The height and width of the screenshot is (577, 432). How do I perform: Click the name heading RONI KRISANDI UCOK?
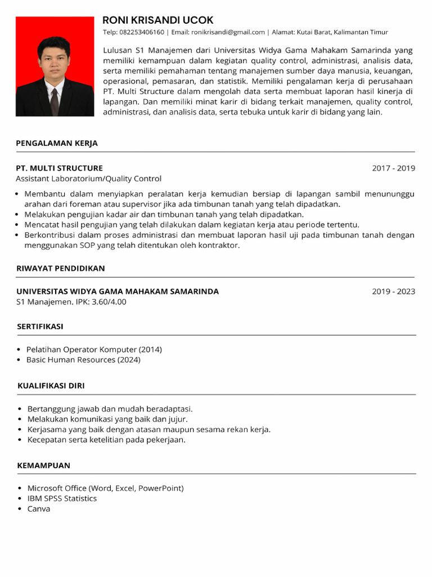(x=158, y=20)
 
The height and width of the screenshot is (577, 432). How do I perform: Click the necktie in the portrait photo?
(x=54, y=101)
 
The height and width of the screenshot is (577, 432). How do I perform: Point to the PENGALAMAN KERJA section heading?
(x=57, y=143)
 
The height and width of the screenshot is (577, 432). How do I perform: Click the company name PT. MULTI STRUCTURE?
(x=59, y=168)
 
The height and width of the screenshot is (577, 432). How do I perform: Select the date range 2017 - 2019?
(x=393, y=168)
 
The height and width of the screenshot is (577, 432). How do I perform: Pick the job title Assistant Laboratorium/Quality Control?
(x=88, y=179)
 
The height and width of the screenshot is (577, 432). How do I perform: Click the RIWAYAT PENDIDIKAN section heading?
(x=61, y=268)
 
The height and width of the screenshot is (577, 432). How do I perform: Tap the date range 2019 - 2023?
(x=393, y=291)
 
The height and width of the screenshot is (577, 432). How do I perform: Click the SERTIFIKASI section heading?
(x=40, y=326)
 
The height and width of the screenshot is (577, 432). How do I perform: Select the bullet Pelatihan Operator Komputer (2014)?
(x=94, y=349)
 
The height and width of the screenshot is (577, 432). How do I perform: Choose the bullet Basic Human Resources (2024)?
(x=83, y=359)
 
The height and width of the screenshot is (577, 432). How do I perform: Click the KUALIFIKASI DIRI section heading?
(x=51, y=386)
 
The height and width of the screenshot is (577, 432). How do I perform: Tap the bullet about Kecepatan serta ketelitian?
(x=106, y=440)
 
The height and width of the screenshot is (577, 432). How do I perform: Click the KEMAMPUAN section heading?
(x=44, y=465)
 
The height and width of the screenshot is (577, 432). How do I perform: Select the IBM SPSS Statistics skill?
(x=62, y=499)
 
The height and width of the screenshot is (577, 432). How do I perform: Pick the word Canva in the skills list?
(x=39, y=509)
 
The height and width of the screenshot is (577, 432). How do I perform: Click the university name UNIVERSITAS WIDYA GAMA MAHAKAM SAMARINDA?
(x=118, y=291)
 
